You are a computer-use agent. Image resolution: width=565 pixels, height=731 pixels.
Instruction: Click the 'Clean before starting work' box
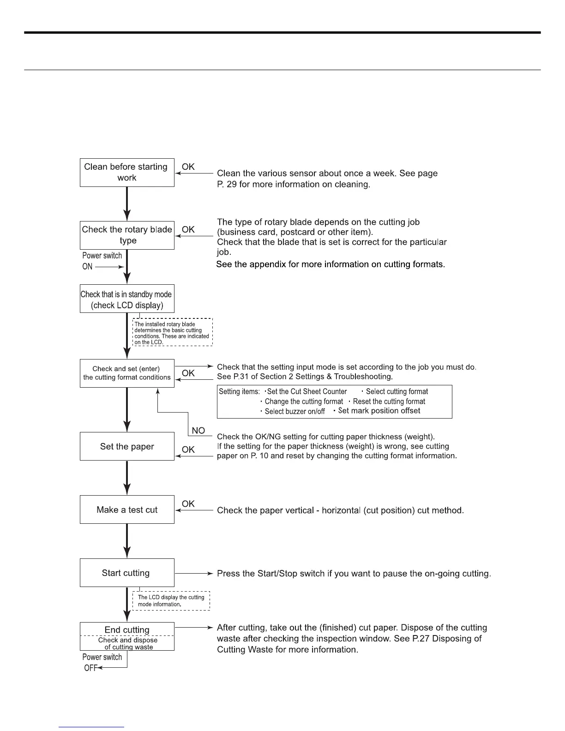pos(127,173)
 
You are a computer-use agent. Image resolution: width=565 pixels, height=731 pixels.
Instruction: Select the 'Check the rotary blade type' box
pos(127,235)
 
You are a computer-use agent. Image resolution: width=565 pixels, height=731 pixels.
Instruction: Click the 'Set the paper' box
pos(127,446)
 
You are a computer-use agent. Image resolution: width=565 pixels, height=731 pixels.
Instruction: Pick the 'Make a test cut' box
pos(127,509)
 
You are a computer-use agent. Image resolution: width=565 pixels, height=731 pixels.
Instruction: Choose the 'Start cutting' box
pos(127,573)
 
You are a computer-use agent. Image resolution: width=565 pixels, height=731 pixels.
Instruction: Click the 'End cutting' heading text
pos(127,630)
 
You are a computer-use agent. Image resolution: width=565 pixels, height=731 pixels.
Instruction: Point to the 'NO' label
pos(198,431)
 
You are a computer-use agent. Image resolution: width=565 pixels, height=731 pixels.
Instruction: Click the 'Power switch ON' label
pos(102,261)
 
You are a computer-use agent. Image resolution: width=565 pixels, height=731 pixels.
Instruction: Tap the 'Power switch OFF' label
pos(102,662)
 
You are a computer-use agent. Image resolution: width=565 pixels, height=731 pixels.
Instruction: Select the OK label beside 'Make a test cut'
pos(188,504)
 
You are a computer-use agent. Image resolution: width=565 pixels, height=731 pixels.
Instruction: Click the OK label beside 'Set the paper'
pos(188,449)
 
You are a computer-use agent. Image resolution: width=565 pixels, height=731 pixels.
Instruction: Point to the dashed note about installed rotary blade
pos(172,333)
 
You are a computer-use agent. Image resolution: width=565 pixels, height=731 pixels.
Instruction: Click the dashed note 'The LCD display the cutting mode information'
pos(171,601)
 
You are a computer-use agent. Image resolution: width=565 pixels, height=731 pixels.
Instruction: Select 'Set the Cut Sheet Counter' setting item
pos(307,392)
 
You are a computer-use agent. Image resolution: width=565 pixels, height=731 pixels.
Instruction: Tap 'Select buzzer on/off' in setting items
pos(295,411)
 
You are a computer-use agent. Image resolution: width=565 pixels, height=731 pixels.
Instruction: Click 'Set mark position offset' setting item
pos(379,411)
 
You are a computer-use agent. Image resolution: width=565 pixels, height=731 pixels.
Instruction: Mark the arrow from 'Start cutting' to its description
pos(194,573)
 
